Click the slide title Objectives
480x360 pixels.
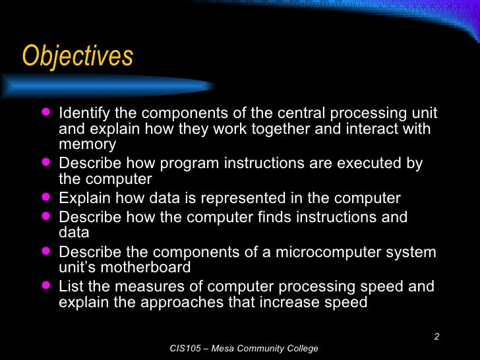point(78,57)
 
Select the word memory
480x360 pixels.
point(87,144)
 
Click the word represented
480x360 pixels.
point(253,198)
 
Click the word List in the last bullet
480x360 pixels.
point(70,287)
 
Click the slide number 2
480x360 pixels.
point(436,338)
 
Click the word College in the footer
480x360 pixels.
point(302,348)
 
